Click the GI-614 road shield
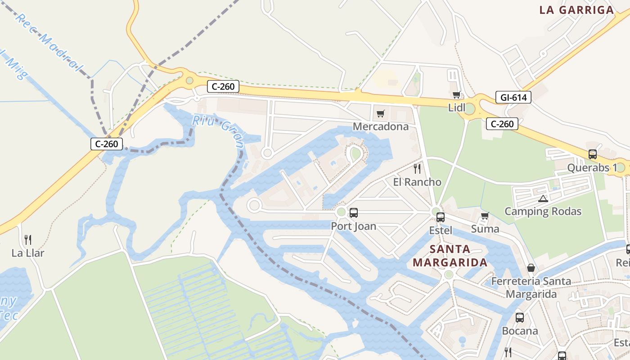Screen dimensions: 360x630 pos(513,97)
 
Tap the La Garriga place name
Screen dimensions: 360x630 pos(576,10)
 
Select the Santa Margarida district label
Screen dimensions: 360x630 pos(450,256)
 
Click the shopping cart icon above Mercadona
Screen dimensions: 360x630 pos(381,113)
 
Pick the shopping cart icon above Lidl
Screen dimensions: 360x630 pos(457,94)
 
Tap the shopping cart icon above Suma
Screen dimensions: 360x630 pos(485,216)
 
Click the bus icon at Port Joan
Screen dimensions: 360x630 pos(354,212)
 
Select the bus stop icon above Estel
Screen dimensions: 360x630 pos(441,217)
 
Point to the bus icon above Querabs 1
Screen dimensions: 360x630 pos(593,154)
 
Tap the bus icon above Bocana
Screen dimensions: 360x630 pos(520,317)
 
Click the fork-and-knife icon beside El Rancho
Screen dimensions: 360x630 pos(417,169)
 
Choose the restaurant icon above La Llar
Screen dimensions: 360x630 pos(28,239)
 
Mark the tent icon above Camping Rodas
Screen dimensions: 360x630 pos(543,198)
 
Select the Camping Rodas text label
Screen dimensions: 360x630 pos(543,211)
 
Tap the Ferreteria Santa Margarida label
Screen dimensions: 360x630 pos(531,288)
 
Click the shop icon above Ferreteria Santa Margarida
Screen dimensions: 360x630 pos(531,268)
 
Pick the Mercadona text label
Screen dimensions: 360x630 pos(381,126)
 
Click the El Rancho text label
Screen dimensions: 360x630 pos(417,182)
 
